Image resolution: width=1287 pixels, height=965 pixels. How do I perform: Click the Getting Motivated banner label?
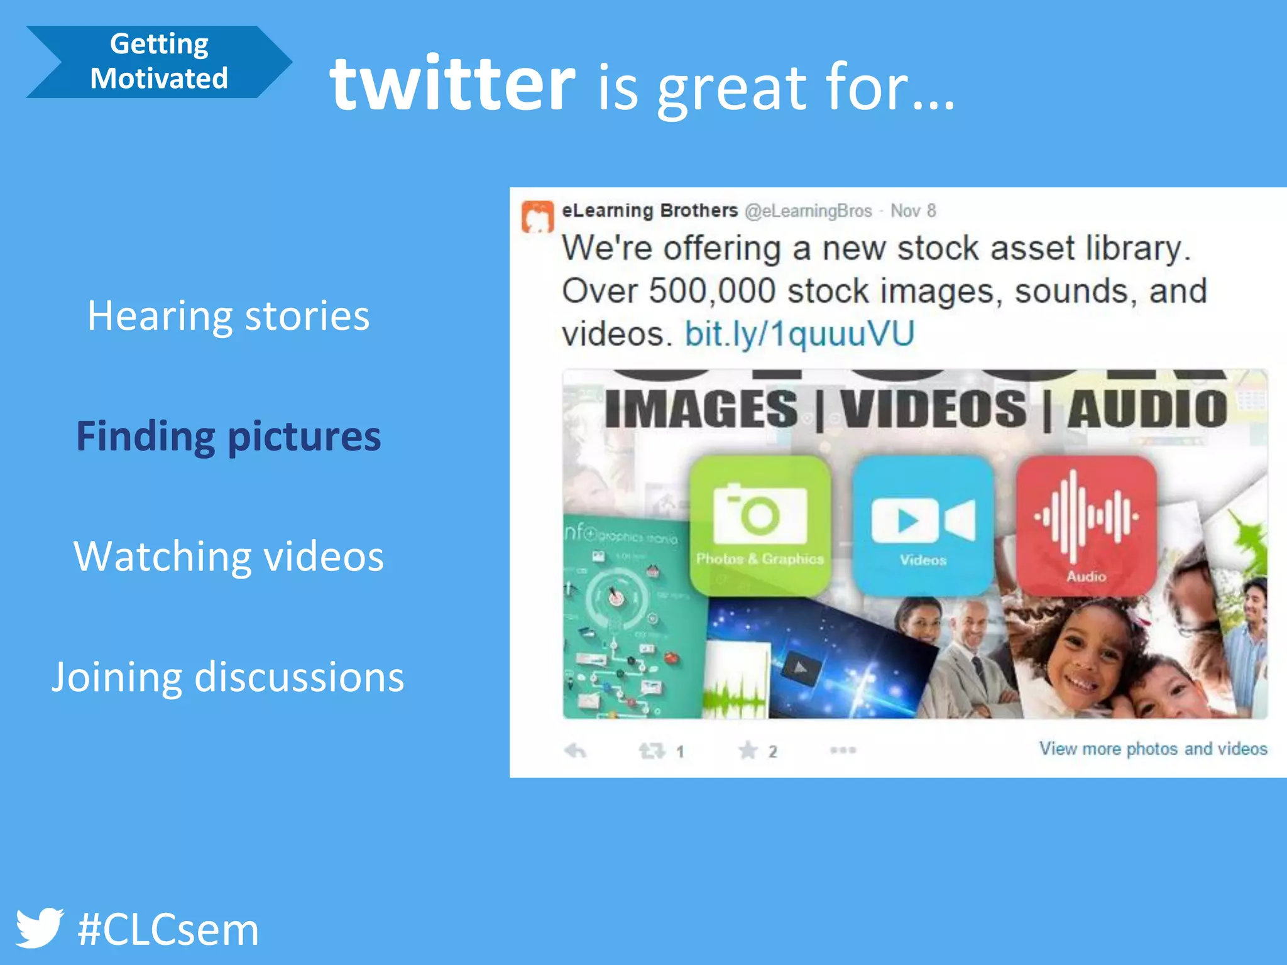point(159,62)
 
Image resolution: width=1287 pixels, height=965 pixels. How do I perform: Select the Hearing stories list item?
point(228,315)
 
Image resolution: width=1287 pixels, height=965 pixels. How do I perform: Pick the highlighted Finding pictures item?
point(228,436)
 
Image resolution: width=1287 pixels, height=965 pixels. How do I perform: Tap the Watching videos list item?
point(228,557)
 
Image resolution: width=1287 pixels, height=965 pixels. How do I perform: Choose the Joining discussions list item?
point(228,677)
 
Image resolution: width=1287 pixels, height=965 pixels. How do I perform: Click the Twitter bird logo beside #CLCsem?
point(39,927)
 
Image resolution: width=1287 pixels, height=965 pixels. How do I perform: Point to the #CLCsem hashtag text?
point(168,930)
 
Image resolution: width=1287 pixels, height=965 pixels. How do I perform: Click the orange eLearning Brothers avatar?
point(537,216)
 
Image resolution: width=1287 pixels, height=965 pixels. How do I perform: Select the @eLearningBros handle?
point(808,211)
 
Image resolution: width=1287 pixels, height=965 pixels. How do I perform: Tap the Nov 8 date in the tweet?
point(913,211)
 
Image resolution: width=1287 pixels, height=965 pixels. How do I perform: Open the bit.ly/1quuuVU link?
point(799,334)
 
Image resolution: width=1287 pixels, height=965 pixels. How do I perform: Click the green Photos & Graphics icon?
point(760,525)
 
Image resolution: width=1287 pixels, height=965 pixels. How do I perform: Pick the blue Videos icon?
point(923,525)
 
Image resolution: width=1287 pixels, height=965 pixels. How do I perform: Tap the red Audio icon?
point(1086,525)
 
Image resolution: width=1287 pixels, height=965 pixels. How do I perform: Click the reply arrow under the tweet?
point(575,750)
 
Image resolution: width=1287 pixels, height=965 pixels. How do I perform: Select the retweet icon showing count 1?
point(652,750)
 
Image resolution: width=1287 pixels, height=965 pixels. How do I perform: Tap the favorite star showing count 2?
point(748,750)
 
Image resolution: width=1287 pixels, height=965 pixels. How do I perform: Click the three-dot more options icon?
point(843,750)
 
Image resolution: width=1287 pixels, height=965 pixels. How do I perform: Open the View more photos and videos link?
point(1153,749)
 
